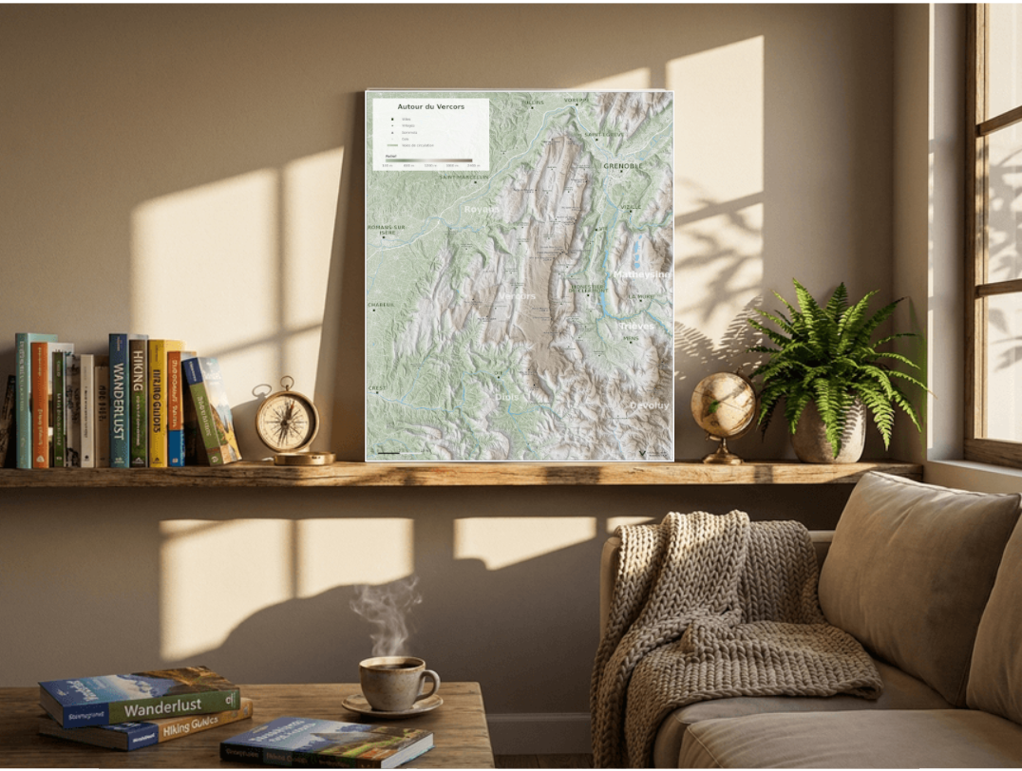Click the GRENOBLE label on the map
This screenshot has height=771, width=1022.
pyautogui.click(x=623, y=166)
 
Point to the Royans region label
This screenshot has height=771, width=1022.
pyautogui.click(x=482, y=209)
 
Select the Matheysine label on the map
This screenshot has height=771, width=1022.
pyautogui.click(x=641, y=274)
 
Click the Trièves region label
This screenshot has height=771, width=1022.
pyautogui.click(x=636, y=326)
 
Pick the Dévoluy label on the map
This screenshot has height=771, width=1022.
pyautogui.click(x=649, y=405)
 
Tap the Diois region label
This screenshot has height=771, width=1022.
pyautogui.click(x=508, y=397)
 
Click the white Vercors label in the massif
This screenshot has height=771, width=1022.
pyautogui.click(x=518, y=296)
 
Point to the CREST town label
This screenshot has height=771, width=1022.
pyautogui.click(x=377, y=388)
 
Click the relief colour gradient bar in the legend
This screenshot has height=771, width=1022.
pyautogui.click(x=427, y=160)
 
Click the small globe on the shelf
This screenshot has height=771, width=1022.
pyautogui.click(x=723, y=406)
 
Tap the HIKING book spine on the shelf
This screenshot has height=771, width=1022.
pyautogui.click(x=138, y=401)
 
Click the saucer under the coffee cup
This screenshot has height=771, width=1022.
pyautogui.click(x=392, y=705)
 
